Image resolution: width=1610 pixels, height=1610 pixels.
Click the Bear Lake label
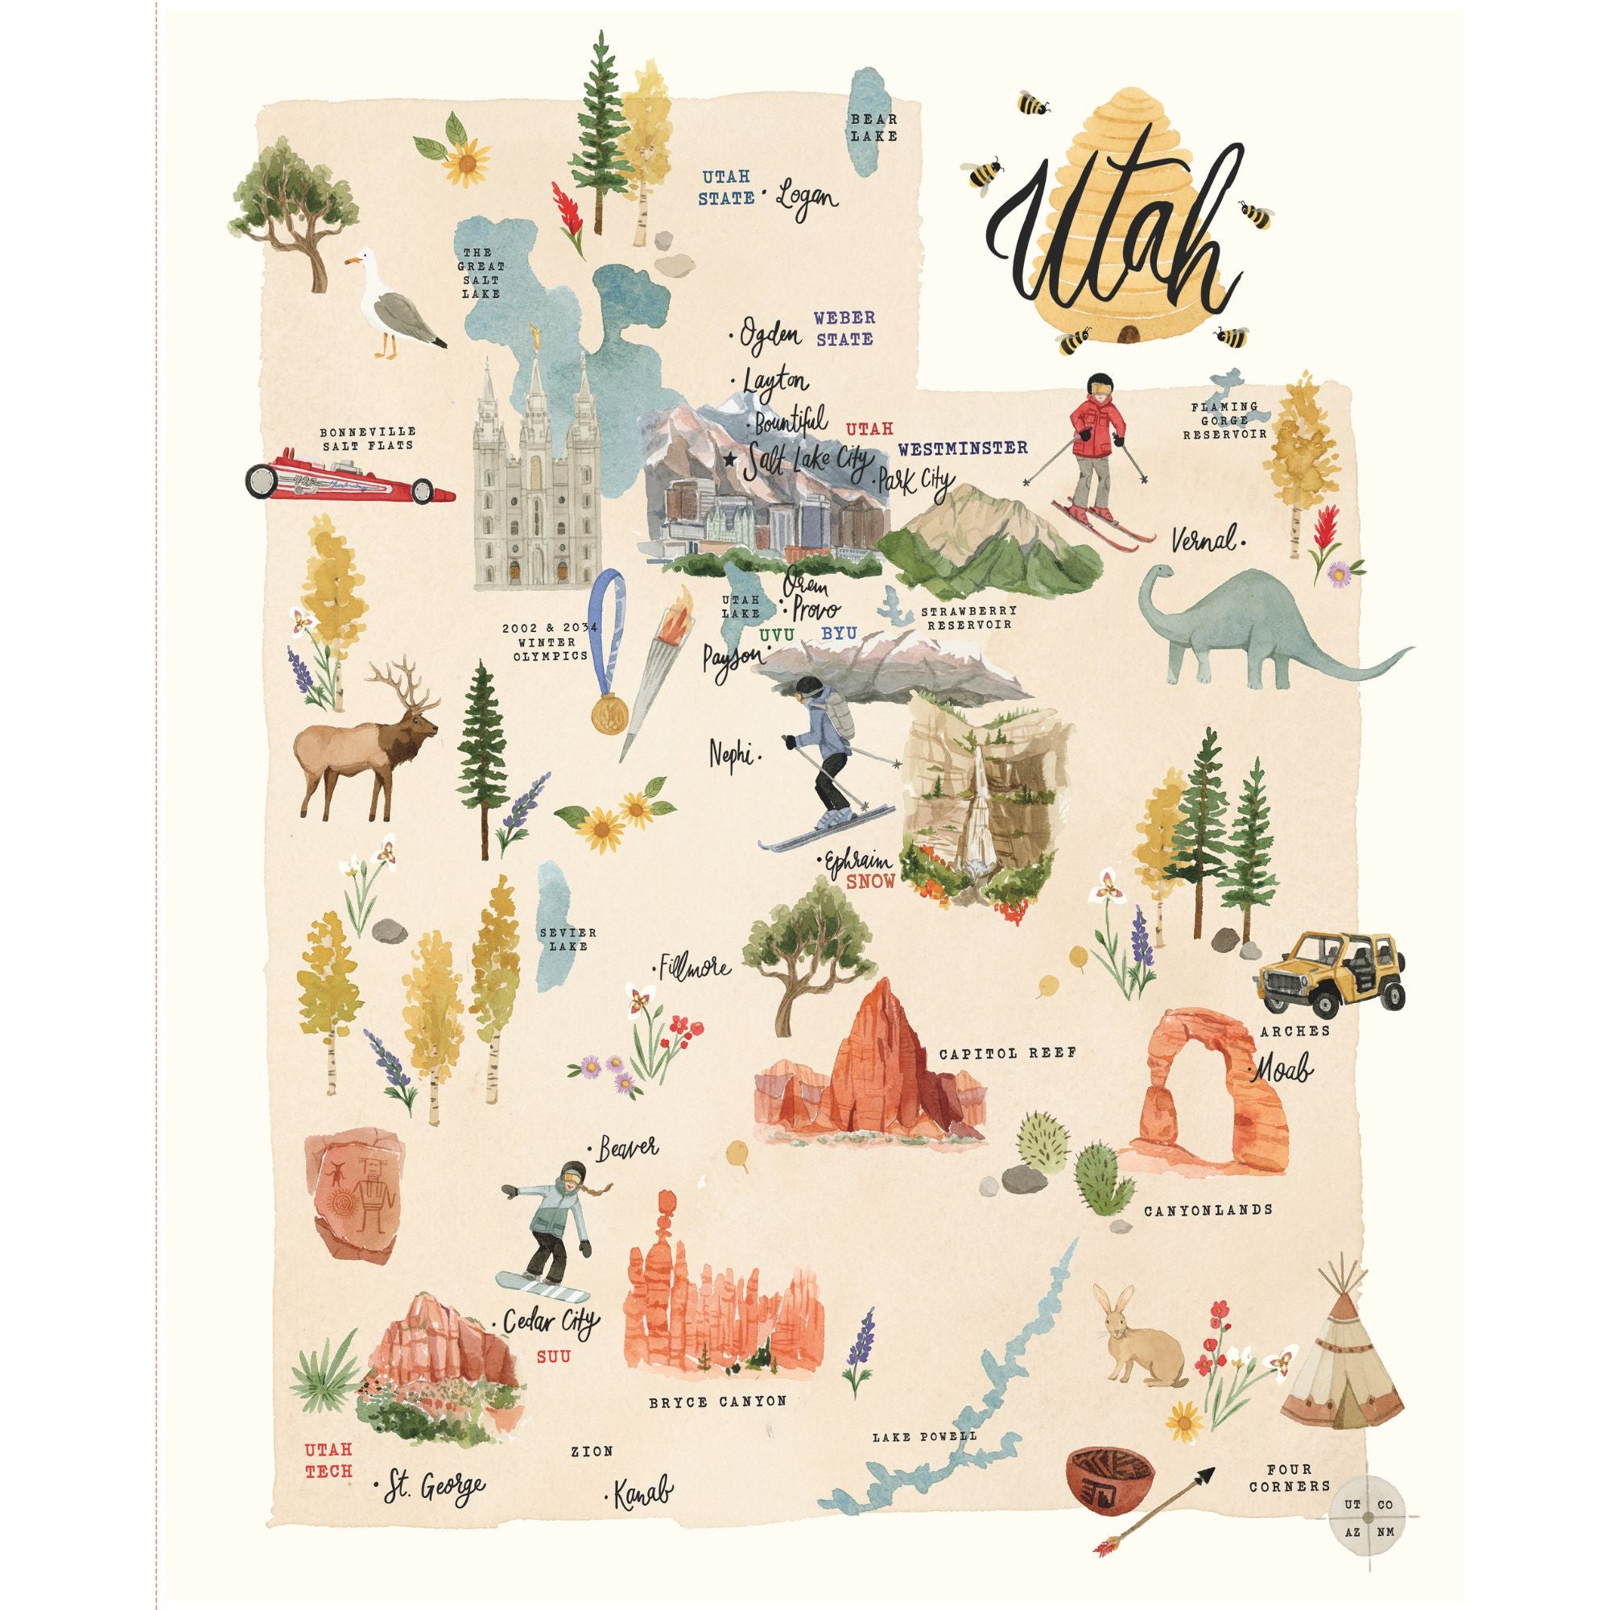click(x=874, y=127)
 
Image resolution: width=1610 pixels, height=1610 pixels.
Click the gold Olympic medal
click(x=609, y=712)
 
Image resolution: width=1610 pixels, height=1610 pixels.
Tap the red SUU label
click(x=553, y=1356)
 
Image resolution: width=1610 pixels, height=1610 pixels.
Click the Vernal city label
click(x=1203, y=541)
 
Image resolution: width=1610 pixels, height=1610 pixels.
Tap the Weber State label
click(x=844, y=328)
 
